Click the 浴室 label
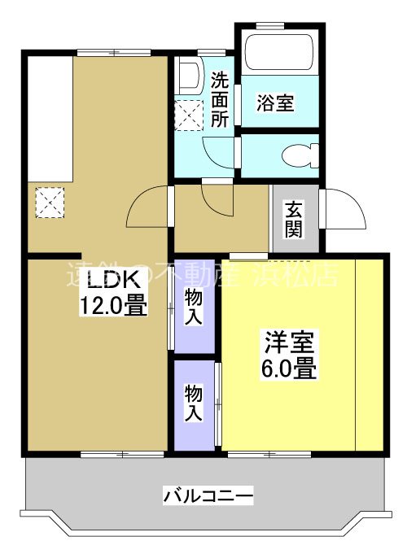pyautogui.click(x=276, y=103)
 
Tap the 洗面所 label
pyautogui.click(x=220, y=99)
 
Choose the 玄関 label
pyautogui.click(x=294, y=218)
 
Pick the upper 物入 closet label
pyautogui.click(x=194, y=306)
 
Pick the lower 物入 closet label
pyautogui.click(x=194, y=404)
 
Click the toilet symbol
pyautogui.click(x=299, y=154)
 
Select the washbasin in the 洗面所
pyautogui.click(x=188, y=74)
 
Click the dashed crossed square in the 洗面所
pyautogui.click(x=190, y=115)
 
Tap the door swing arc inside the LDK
pyautogui.click(x=147, y=209)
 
